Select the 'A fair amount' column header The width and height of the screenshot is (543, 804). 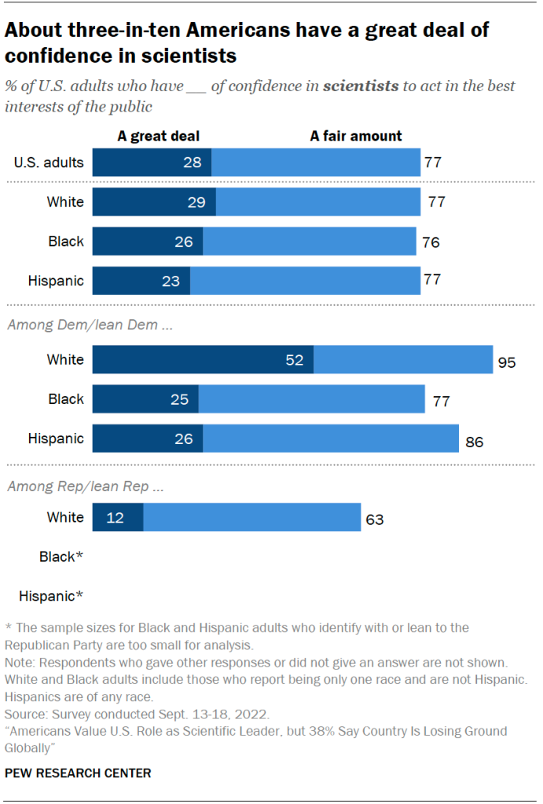pos(356,136)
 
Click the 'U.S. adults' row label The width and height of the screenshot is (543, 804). pos(49,163)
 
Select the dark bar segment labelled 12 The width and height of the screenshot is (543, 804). pos(118,517)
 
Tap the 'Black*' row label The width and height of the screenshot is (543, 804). pos(61,556)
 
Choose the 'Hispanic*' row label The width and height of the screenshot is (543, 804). pos(51,596)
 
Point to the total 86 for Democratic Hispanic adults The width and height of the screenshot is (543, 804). pos(474,442)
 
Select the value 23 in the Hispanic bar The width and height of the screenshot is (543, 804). pos(171,280)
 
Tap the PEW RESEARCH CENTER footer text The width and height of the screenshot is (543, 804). pos(78,773)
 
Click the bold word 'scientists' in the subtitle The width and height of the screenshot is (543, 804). pos(361,86)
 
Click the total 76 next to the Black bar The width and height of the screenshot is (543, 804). pos(431,243)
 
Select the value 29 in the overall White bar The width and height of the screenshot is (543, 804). pos(196,202)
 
